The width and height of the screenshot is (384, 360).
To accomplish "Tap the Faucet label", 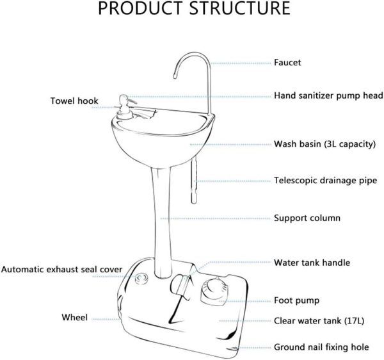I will [287, 63].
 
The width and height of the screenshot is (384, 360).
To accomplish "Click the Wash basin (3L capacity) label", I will [324, 144].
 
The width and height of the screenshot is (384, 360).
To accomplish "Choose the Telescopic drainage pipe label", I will [325, 181].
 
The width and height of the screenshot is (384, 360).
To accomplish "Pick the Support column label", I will [307, 218].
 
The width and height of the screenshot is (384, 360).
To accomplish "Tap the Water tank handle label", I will [312, 263].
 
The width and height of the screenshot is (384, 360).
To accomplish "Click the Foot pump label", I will [296, 299].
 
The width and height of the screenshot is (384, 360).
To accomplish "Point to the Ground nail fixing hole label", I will [321, 347].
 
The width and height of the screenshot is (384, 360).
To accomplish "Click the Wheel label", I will [75, 317].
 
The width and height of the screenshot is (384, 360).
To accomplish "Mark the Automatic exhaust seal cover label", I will [61, 270].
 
